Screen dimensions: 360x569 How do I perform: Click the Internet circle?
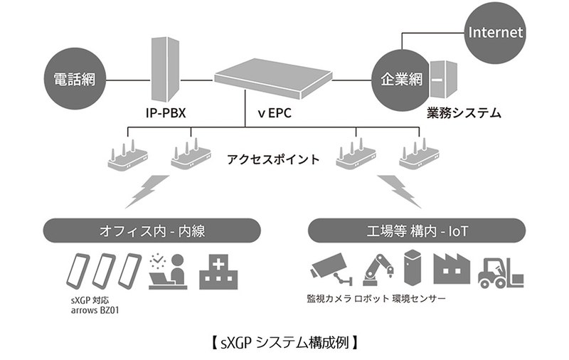(x=495, y=32)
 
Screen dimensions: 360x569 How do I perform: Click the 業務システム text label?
(x=464, y=112)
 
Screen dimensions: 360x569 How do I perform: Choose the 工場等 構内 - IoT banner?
(x=418, y=231)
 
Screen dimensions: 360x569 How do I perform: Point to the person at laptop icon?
(x=169, y=271)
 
